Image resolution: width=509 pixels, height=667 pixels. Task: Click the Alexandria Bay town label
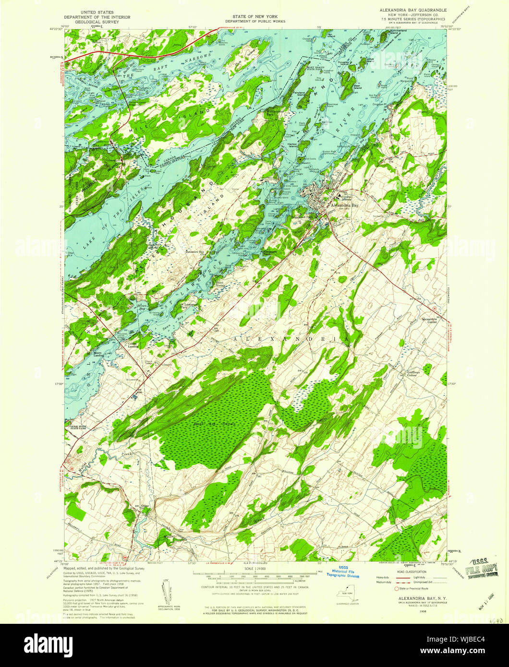(345, 205)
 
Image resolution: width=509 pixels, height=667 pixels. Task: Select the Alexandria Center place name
(429, 321)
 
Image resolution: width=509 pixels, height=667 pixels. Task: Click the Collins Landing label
(133, 345)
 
